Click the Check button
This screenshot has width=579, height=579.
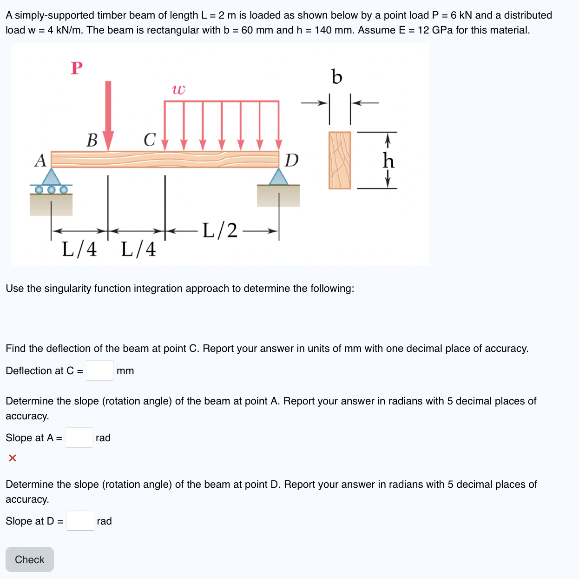click(x=30, y=559)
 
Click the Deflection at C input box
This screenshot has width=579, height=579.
click(x=100, y=370)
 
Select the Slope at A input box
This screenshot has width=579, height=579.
click(x=79, y=438)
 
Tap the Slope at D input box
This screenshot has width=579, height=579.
click(x=80, y=521)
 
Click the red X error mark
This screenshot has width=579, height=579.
click(x=13, y=458)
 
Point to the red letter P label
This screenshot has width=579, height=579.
click(x=77, y=68)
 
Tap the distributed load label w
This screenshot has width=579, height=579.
click(x=178, y=89)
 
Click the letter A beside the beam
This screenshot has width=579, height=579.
click(x=40, y=161)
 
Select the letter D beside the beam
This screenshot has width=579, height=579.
click(x=291, y=161)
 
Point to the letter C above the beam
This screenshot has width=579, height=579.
click(x=149, y=140)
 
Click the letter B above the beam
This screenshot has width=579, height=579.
click(x=92, y=140)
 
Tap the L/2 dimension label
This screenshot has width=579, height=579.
click(x=220, y=230)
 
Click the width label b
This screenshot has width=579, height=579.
click(x=336, y=77)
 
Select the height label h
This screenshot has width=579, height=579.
click(x=388, y=161)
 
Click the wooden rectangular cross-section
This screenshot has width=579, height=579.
click(x=340, y=160)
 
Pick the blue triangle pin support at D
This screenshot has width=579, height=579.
click(x=278, y=177)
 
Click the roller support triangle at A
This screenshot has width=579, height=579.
click(x=51, y=177)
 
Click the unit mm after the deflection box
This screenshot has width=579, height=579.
click(x=125, y=371)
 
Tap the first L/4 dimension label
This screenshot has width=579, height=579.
click(x=79, y=249)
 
